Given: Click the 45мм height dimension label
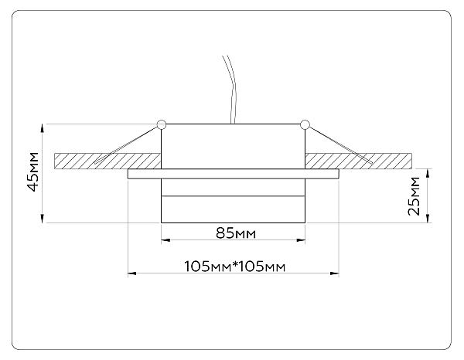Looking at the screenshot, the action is tap(32, 172).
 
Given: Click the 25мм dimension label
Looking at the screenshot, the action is tap(414, 196).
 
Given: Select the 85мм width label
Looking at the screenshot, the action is tap(236, 233).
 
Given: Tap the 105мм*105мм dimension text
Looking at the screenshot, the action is tap(235, 267).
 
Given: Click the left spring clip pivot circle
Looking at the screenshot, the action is tap(162, 124).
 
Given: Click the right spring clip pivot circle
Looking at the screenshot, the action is tap(305, 124).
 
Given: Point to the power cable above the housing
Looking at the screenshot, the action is tap(230, 89).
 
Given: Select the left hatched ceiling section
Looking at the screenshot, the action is tap(107, 161).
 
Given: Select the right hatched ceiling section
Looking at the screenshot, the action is tap(358, 161).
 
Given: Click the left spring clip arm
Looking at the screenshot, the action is tap(126, 144).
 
